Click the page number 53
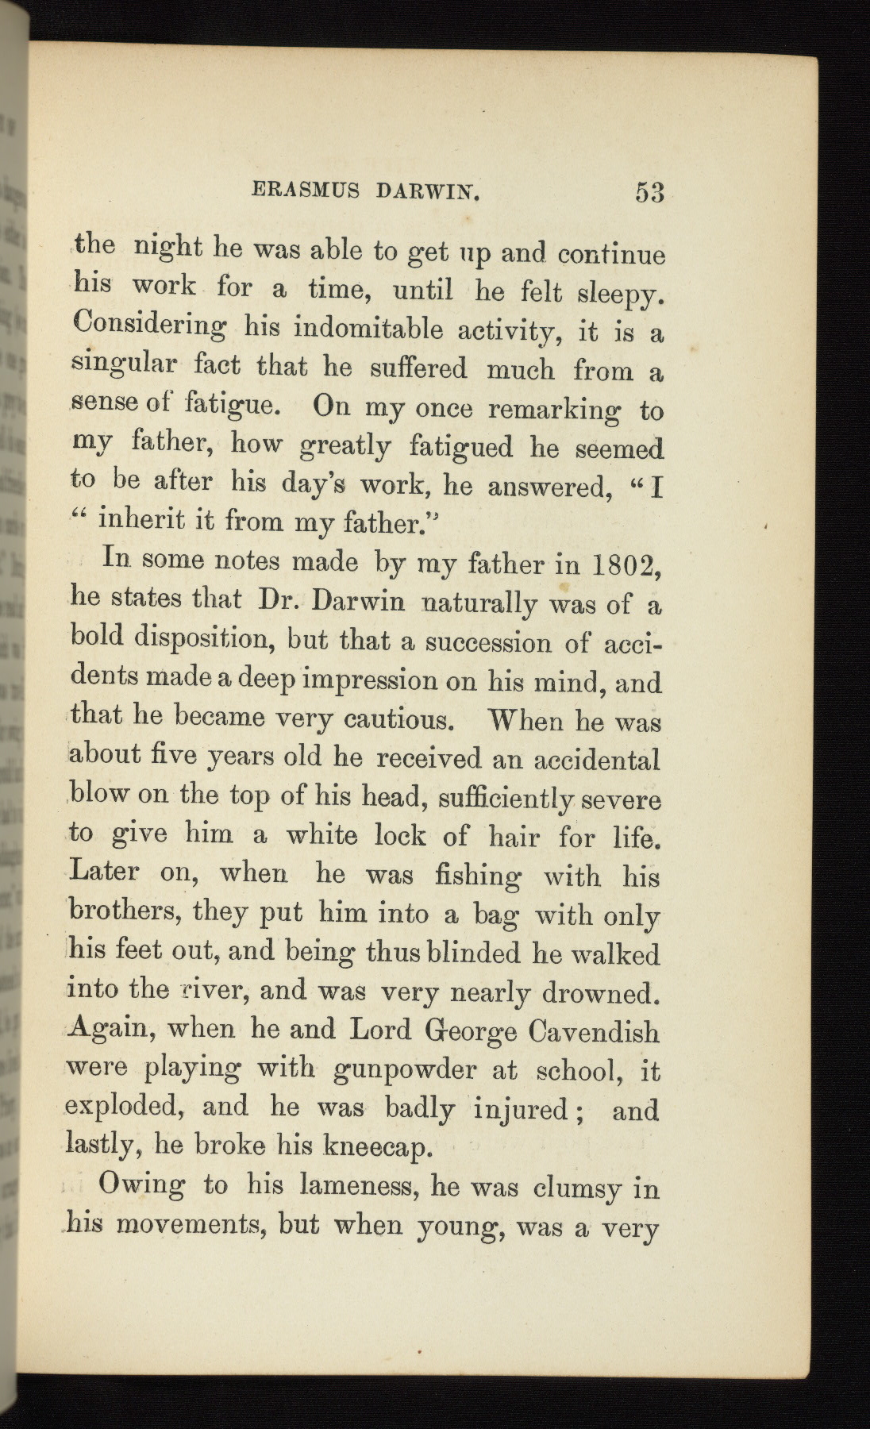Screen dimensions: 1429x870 (x=649, y=193)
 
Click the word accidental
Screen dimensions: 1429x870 (x=596, y=760)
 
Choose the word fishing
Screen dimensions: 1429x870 (x=478, y=876)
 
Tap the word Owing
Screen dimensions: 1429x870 (x=141, y=1186)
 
